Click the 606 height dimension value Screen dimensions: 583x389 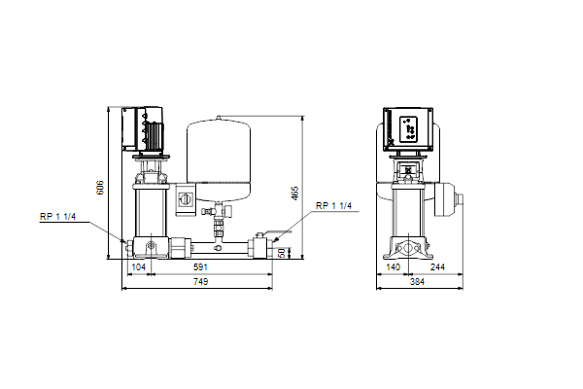click(100, 188)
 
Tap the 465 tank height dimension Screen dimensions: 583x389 click(294, 194)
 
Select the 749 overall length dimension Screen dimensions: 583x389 click(200, 282)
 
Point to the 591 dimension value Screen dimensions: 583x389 click(200, 266)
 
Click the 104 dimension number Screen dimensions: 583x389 click(139, 266)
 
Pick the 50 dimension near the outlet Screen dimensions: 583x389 click(282, 253)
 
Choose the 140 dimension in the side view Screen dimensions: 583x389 click(393, 266)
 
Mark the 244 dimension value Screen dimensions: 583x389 click(437, 266)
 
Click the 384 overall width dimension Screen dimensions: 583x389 click(417, 282)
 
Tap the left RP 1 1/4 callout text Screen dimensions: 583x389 click(57, 216)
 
